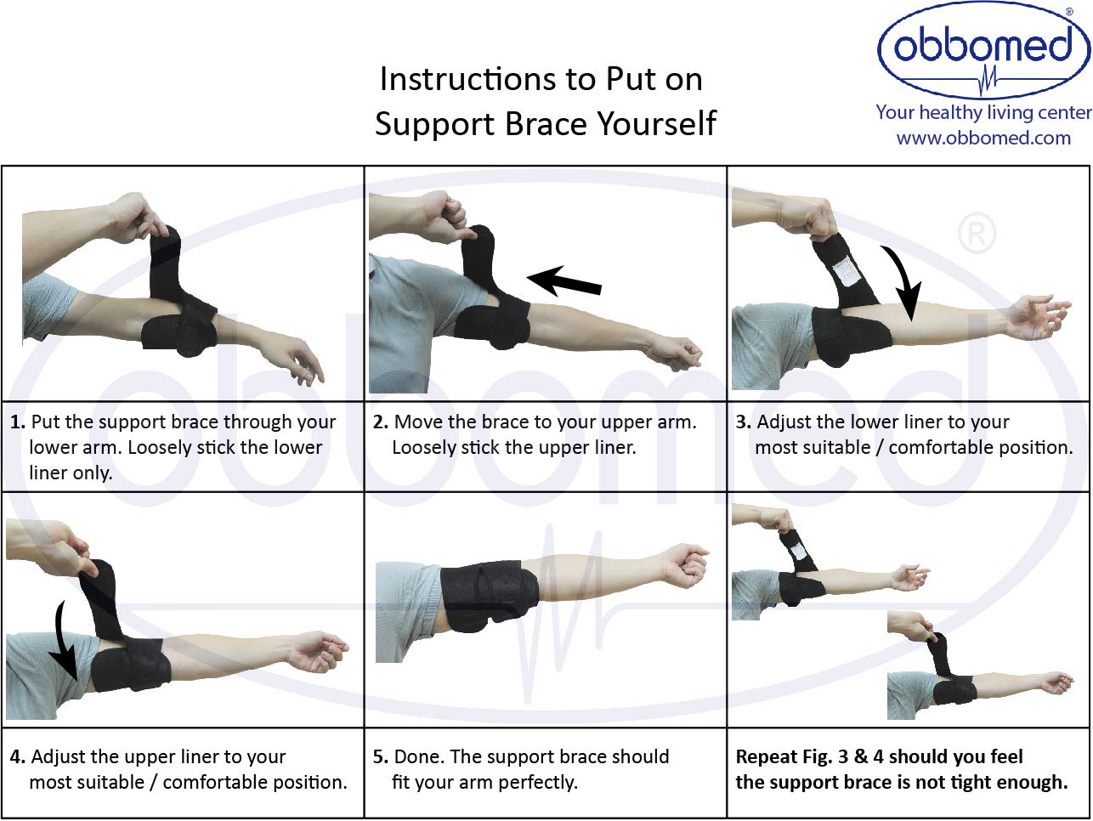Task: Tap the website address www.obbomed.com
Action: tap(983, 138)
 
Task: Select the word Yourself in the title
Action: tap(657, 123)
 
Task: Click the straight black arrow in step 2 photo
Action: tap(563, 280)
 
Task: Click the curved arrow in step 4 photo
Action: tap(64, 643)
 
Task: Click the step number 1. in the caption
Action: tap(18, 422)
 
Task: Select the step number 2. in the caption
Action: tap(381, 422)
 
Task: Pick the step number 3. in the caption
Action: tap(744, 422)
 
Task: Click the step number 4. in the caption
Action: tap(18, 756)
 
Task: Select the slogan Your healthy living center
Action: tap(984, 112)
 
